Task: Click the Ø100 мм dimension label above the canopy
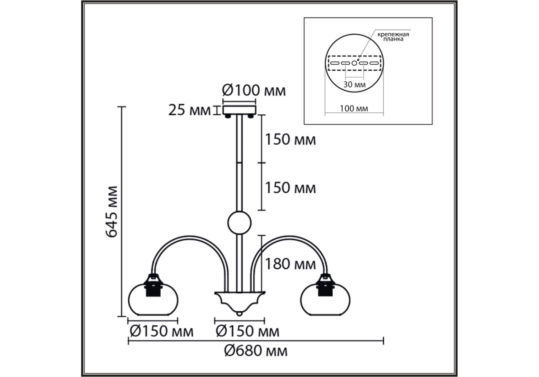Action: click(254, 90)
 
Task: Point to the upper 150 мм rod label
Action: click(290, 139)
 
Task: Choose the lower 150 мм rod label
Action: click(290, 188)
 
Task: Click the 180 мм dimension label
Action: click(290, 264)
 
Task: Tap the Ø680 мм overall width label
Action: click(256, 351)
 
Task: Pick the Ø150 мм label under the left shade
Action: click(161, 331)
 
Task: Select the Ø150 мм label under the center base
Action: click(248, 331)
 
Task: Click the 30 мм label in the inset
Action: click(354, 85)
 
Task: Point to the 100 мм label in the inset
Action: click(354, 109)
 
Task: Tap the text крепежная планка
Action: click(393, 36)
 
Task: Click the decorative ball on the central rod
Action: click(239, 223)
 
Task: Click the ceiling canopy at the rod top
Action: click(239, 110)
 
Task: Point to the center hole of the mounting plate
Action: click(354, 63)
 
